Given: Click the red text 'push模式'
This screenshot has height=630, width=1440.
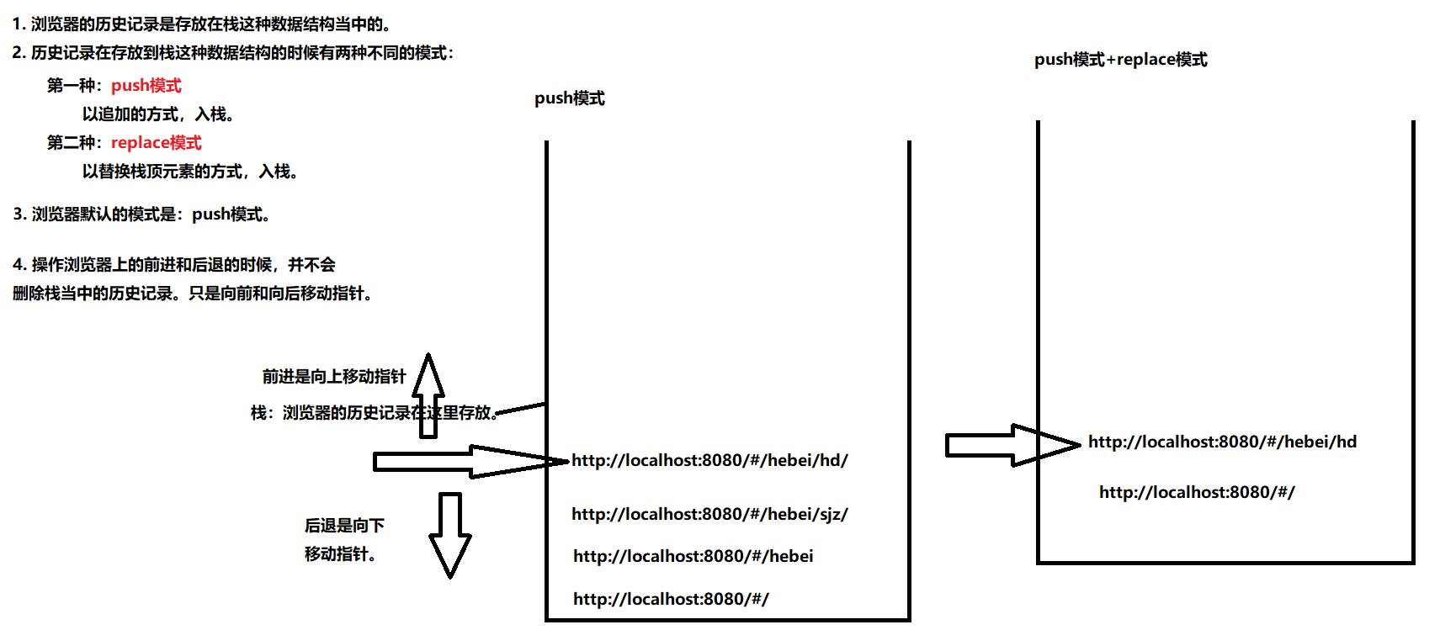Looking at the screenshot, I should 146,86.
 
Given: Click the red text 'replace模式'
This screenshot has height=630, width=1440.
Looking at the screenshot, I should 156,143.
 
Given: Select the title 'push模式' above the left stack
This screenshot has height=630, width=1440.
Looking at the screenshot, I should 569,98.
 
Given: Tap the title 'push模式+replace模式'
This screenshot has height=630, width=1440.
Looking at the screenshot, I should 1120,60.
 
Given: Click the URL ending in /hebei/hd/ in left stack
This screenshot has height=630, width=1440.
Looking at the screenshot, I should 709,461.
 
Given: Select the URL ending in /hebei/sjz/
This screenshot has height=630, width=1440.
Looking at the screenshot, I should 709,514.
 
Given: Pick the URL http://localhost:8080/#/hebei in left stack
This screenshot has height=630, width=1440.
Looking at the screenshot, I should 693,556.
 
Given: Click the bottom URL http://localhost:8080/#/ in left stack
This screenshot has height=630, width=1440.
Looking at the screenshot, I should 671,599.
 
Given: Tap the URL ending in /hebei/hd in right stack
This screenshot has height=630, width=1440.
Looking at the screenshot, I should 1222,442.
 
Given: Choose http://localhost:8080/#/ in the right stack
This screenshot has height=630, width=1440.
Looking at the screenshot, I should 1196,492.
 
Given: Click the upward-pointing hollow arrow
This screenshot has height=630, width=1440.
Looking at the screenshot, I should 428,395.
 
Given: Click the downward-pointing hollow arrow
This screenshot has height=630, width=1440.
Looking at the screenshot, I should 450,534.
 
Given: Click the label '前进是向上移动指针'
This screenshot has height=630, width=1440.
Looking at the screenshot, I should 334,377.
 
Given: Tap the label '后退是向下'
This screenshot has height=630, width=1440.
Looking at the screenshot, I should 344,526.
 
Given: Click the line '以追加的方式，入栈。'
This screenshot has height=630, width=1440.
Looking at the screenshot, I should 158,114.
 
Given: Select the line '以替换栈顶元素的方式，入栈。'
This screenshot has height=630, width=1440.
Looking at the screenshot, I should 190,172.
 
